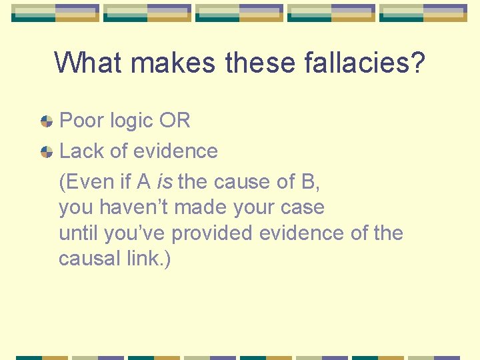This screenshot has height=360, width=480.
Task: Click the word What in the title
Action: (x=89, y=63)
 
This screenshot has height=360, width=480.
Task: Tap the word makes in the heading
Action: (x=174, y=63)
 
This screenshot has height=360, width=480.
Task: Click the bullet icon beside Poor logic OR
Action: (x=47, y=121)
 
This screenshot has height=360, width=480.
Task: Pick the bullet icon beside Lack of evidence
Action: (x=47, y=152)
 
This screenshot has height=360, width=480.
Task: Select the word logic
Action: (x=130, y=121)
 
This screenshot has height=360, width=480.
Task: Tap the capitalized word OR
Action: (x=175, y=121)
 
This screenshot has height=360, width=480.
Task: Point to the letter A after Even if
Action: (x=145, y=181)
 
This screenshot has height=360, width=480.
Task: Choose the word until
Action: (x=76, y=233)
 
